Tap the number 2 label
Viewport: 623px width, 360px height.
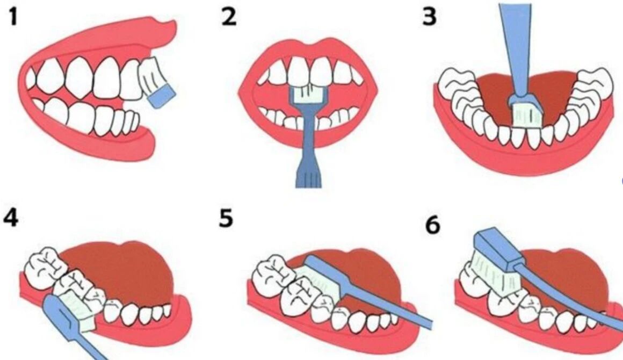click(228, 18)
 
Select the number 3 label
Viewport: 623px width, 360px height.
click(429, 18)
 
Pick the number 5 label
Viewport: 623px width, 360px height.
click(226, 219)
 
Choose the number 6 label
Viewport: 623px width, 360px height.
click(433, 226)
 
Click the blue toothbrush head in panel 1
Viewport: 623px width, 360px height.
click(162, 97)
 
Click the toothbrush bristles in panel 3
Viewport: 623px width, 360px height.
click(526, 114)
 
